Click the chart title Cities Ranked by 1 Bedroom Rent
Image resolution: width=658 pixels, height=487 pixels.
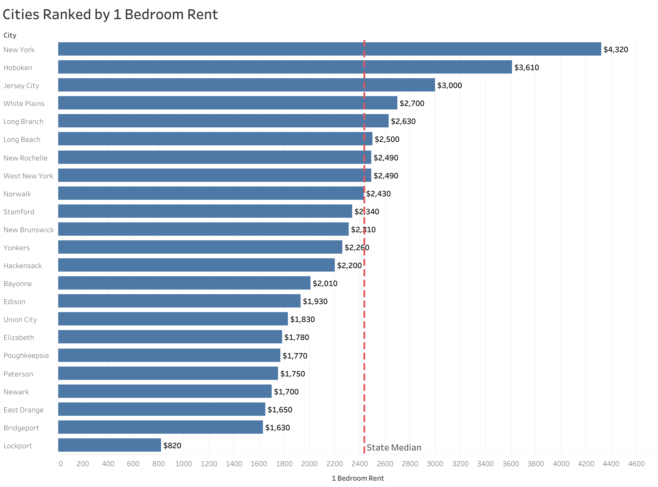coord(110,14)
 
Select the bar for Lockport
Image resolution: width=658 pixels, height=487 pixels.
coord(109,445)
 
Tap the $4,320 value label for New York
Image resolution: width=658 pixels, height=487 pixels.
coord(615,50)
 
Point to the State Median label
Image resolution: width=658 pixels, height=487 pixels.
coord(394,448)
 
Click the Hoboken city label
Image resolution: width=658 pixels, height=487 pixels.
coord(18,68)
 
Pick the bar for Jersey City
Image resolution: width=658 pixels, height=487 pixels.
coord(246,85)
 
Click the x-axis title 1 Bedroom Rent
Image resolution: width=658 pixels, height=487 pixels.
coord(358,478)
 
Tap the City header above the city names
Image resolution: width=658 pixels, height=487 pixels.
coord(10,35)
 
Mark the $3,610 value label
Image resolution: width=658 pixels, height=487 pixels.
coord(527,67)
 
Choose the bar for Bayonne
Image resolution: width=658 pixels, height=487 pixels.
coord(184,283)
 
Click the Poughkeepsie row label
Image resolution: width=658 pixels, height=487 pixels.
coord(26,356)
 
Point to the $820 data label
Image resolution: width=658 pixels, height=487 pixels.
coord(172,446)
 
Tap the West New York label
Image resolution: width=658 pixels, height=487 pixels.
coord(28,176)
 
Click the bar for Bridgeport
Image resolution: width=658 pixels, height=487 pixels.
coord(160,427)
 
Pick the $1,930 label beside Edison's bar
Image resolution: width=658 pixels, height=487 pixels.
coord(315,301)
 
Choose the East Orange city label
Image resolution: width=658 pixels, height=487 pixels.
coord(23,410)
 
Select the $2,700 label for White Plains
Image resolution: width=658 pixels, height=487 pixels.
coord(412,103)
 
